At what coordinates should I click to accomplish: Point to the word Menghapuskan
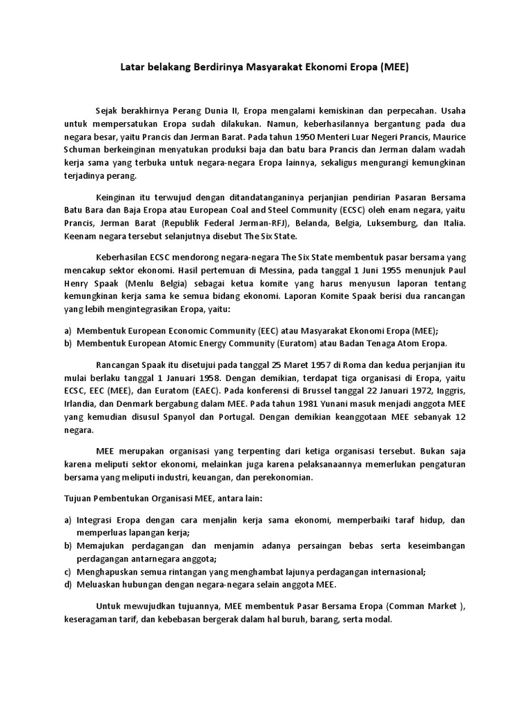111,571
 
